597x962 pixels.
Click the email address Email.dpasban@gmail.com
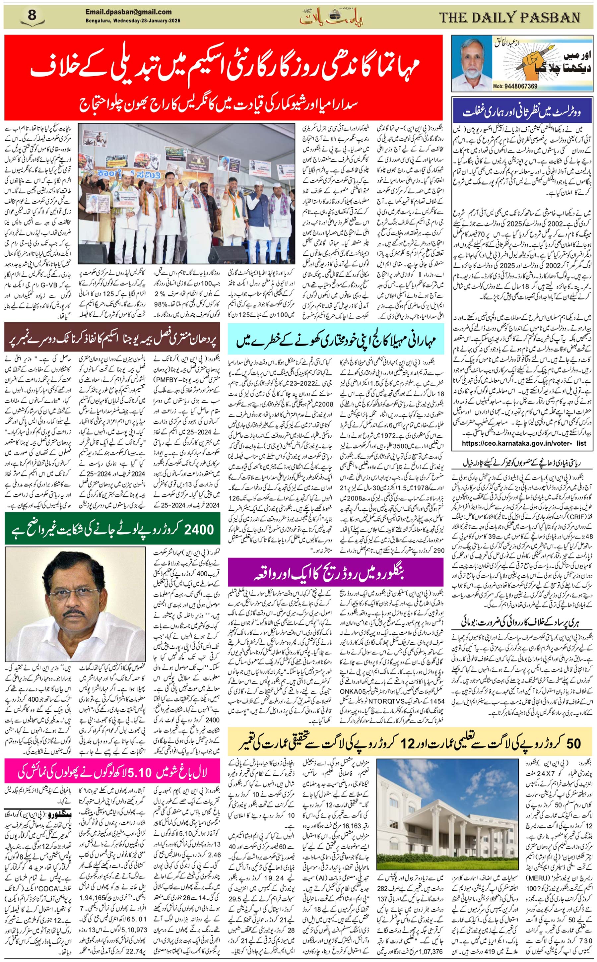pyautogui.click(x=128, y=12)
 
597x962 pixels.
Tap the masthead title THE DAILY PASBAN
pyautogui.click(x=509, y=17)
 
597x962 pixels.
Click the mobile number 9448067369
pyautogui.click(x=520, y=87)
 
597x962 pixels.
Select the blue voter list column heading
pyautogui.click(x=522, y=112)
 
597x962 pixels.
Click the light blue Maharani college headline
pyautogui.click(x=336, y=340)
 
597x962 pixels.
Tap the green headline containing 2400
pyautogui.click(x=112, y=529)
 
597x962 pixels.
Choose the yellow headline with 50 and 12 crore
pyautogui.click(x=410, y=744)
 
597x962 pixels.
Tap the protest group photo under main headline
pyautogui.click(x=186, y=193)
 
